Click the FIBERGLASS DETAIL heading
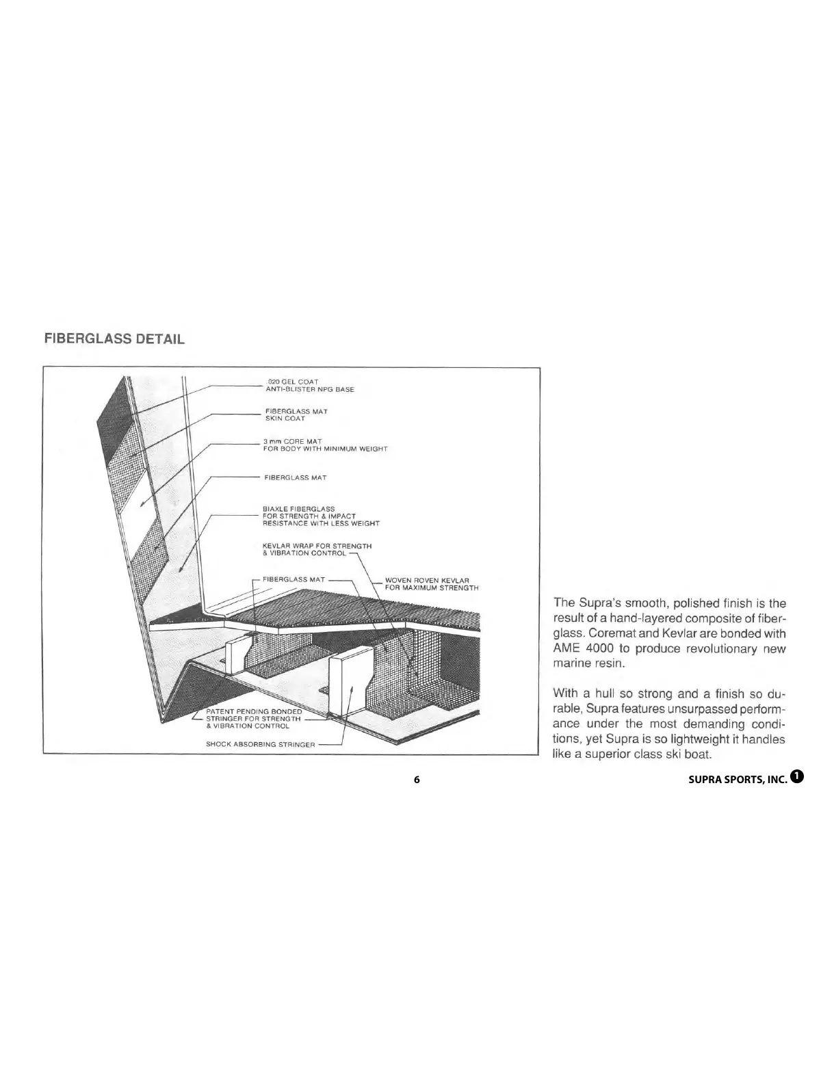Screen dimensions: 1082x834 point(114,339)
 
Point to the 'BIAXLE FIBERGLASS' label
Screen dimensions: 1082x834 point(299,509)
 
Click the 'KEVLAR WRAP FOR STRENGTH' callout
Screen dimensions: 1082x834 point(317,546)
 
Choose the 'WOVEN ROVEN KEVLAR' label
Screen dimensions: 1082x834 point(427,581)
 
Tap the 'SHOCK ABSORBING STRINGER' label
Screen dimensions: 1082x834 point(261,744)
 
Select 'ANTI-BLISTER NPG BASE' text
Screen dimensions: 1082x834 point(309,389)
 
